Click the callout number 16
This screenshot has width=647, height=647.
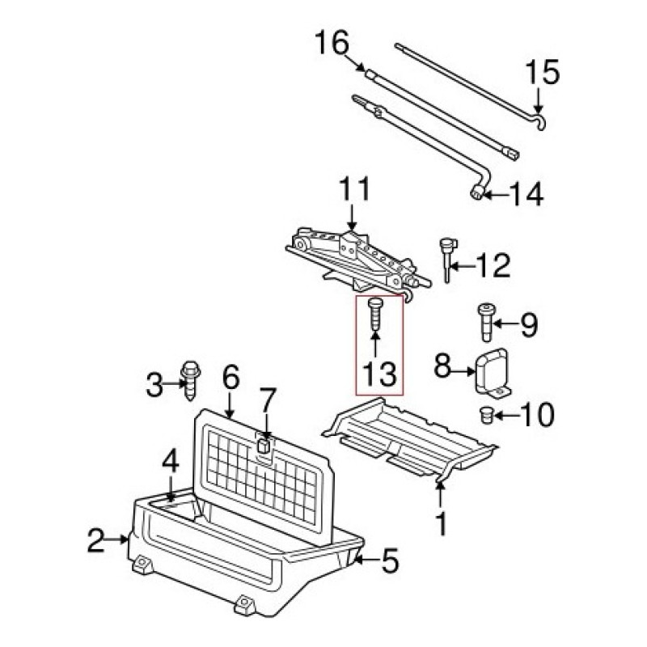(332, 44)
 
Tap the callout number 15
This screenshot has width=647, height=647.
(543, 72)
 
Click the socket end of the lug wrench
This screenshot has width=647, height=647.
(478, 192)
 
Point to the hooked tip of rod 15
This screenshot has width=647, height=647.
(542, 123)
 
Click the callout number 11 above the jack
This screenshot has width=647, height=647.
(355, 190)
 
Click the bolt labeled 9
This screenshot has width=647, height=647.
(487, 323)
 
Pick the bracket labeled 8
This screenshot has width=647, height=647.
(493, 374)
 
